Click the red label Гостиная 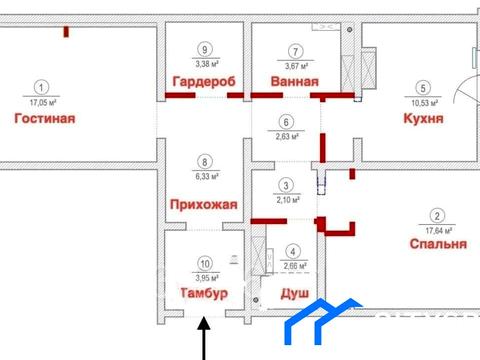coord(45,118)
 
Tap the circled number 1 coord(40,88)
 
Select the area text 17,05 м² coord(40,101)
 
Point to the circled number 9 coord(204,51)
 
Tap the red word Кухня coord(424,118)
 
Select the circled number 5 coord(424,88)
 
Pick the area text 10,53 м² coord(424,101)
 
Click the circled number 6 coord(285,122)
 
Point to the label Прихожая coord(204,205)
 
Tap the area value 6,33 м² coord(204,172)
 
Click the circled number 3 coord(285,185)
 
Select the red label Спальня coord(438,244)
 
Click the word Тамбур coord(204,294)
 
